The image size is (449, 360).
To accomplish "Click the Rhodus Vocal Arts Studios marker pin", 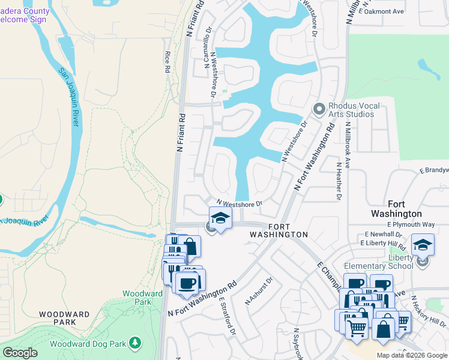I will [x=319, y=109].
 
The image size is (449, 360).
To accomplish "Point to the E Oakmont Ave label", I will [x=381, y=11].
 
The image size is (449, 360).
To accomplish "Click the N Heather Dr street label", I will [x=339, y=181].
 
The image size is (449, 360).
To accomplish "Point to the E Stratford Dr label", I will [x=227, y=316].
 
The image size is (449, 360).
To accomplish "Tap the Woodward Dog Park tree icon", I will [x=136, y=342].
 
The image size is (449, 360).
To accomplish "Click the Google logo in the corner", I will [x=20, y=353].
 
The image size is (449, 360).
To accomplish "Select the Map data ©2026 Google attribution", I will [x=411, y=355].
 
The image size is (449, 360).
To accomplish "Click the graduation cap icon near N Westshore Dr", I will [x=220, y=218].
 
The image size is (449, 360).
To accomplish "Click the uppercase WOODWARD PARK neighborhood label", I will [x=65, y=319].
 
